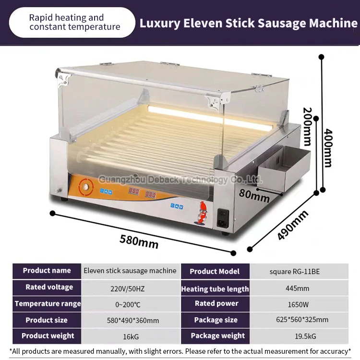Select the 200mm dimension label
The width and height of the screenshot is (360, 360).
click(307, 126)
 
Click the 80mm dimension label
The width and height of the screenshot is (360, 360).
click(254, 196)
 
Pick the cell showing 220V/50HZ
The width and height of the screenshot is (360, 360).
click(130, 288)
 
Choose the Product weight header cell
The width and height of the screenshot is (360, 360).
click(48, 336)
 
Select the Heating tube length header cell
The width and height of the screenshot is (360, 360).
click(215, 288)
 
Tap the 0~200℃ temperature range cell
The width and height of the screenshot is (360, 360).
click(130, 304)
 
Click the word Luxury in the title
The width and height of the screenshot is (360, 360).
click(158, 23)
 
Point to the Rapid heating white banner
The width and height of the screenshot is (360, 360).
click(72, 22)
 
